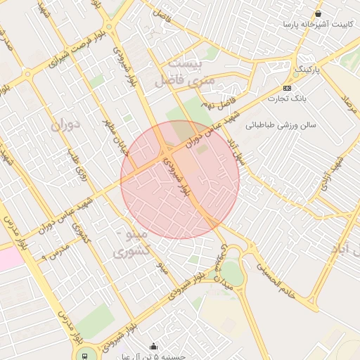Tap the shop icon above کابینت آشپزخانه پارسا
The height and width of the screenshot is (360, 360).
[x=319, y=13]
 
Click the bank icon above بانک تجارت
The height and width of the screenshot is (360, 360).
[x=287, y=88]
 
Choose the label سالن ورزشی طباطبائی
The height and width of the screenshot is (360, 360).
[x=281, y=125]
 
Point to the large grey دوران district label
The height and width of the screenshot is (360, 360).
[x=66, y=124]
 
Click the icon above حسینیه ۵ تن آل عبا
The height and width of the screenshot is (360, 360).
[x=155, y=346]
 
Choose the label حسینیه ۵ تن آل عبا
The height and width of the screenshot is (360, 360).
[x=162, y=356]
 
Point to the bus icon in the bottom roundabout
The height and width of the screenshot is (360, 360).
[x=85, y=355]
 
